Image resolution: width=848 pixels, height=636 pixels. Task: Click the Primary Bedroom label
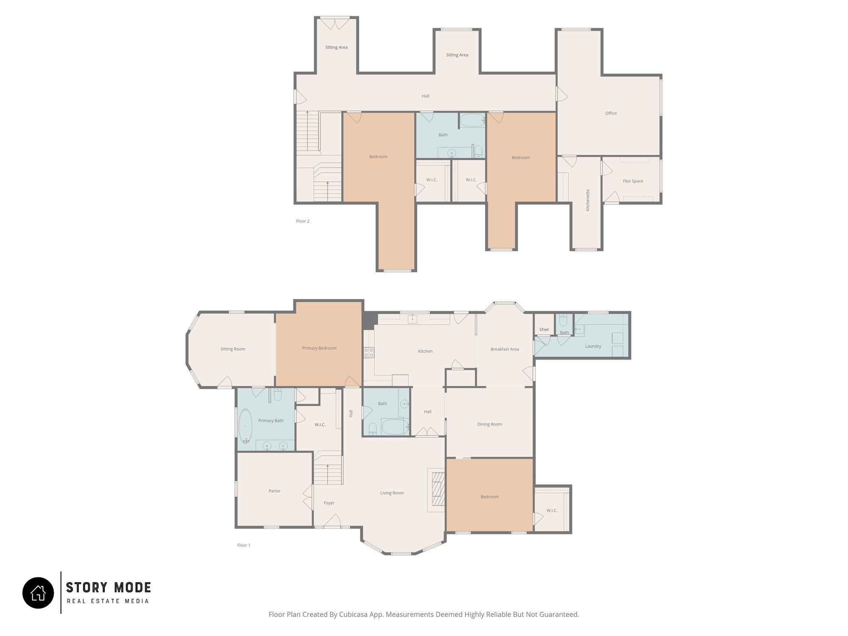click(319, 348)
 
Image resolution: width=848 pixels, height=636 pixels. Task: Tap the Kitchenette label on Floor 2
click(588, 200)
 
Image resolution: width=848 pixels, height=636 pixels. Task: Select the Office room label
click(611, 113)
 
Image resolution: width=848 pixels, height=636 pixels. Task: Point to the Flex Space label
click(633, 181)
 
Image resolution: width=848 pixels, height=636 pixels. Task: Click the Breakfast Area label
click(505, 349)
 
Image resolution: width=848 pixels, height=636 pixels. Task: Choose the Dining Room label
click(489, 424)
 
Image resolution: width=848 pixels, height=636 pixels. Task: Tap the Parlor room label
click(274, 491)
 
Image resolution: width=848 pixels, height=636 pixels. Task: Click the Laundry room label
click(593, 346)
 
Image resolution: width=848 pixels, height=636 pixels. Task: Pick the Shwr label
click(544, 329)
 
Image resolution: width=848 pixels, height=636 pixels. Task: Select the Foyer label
click(329, 503)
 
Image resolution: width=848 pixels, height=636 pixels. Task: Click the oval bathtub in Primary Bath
click(245, 426)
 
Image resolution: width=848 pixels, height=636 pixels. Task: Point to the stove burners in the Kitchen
click(369, 352)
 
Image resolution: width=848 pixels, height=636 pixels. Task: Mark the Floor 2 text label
click(303, 221)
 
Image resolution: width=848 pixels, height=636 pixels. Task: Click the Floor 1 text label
click(244, 545)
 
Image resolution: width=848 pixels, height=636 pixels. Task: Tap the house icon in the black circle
click(38, 593)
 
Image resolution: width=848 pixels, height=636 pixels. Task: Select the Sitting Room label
click(233, 349)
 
